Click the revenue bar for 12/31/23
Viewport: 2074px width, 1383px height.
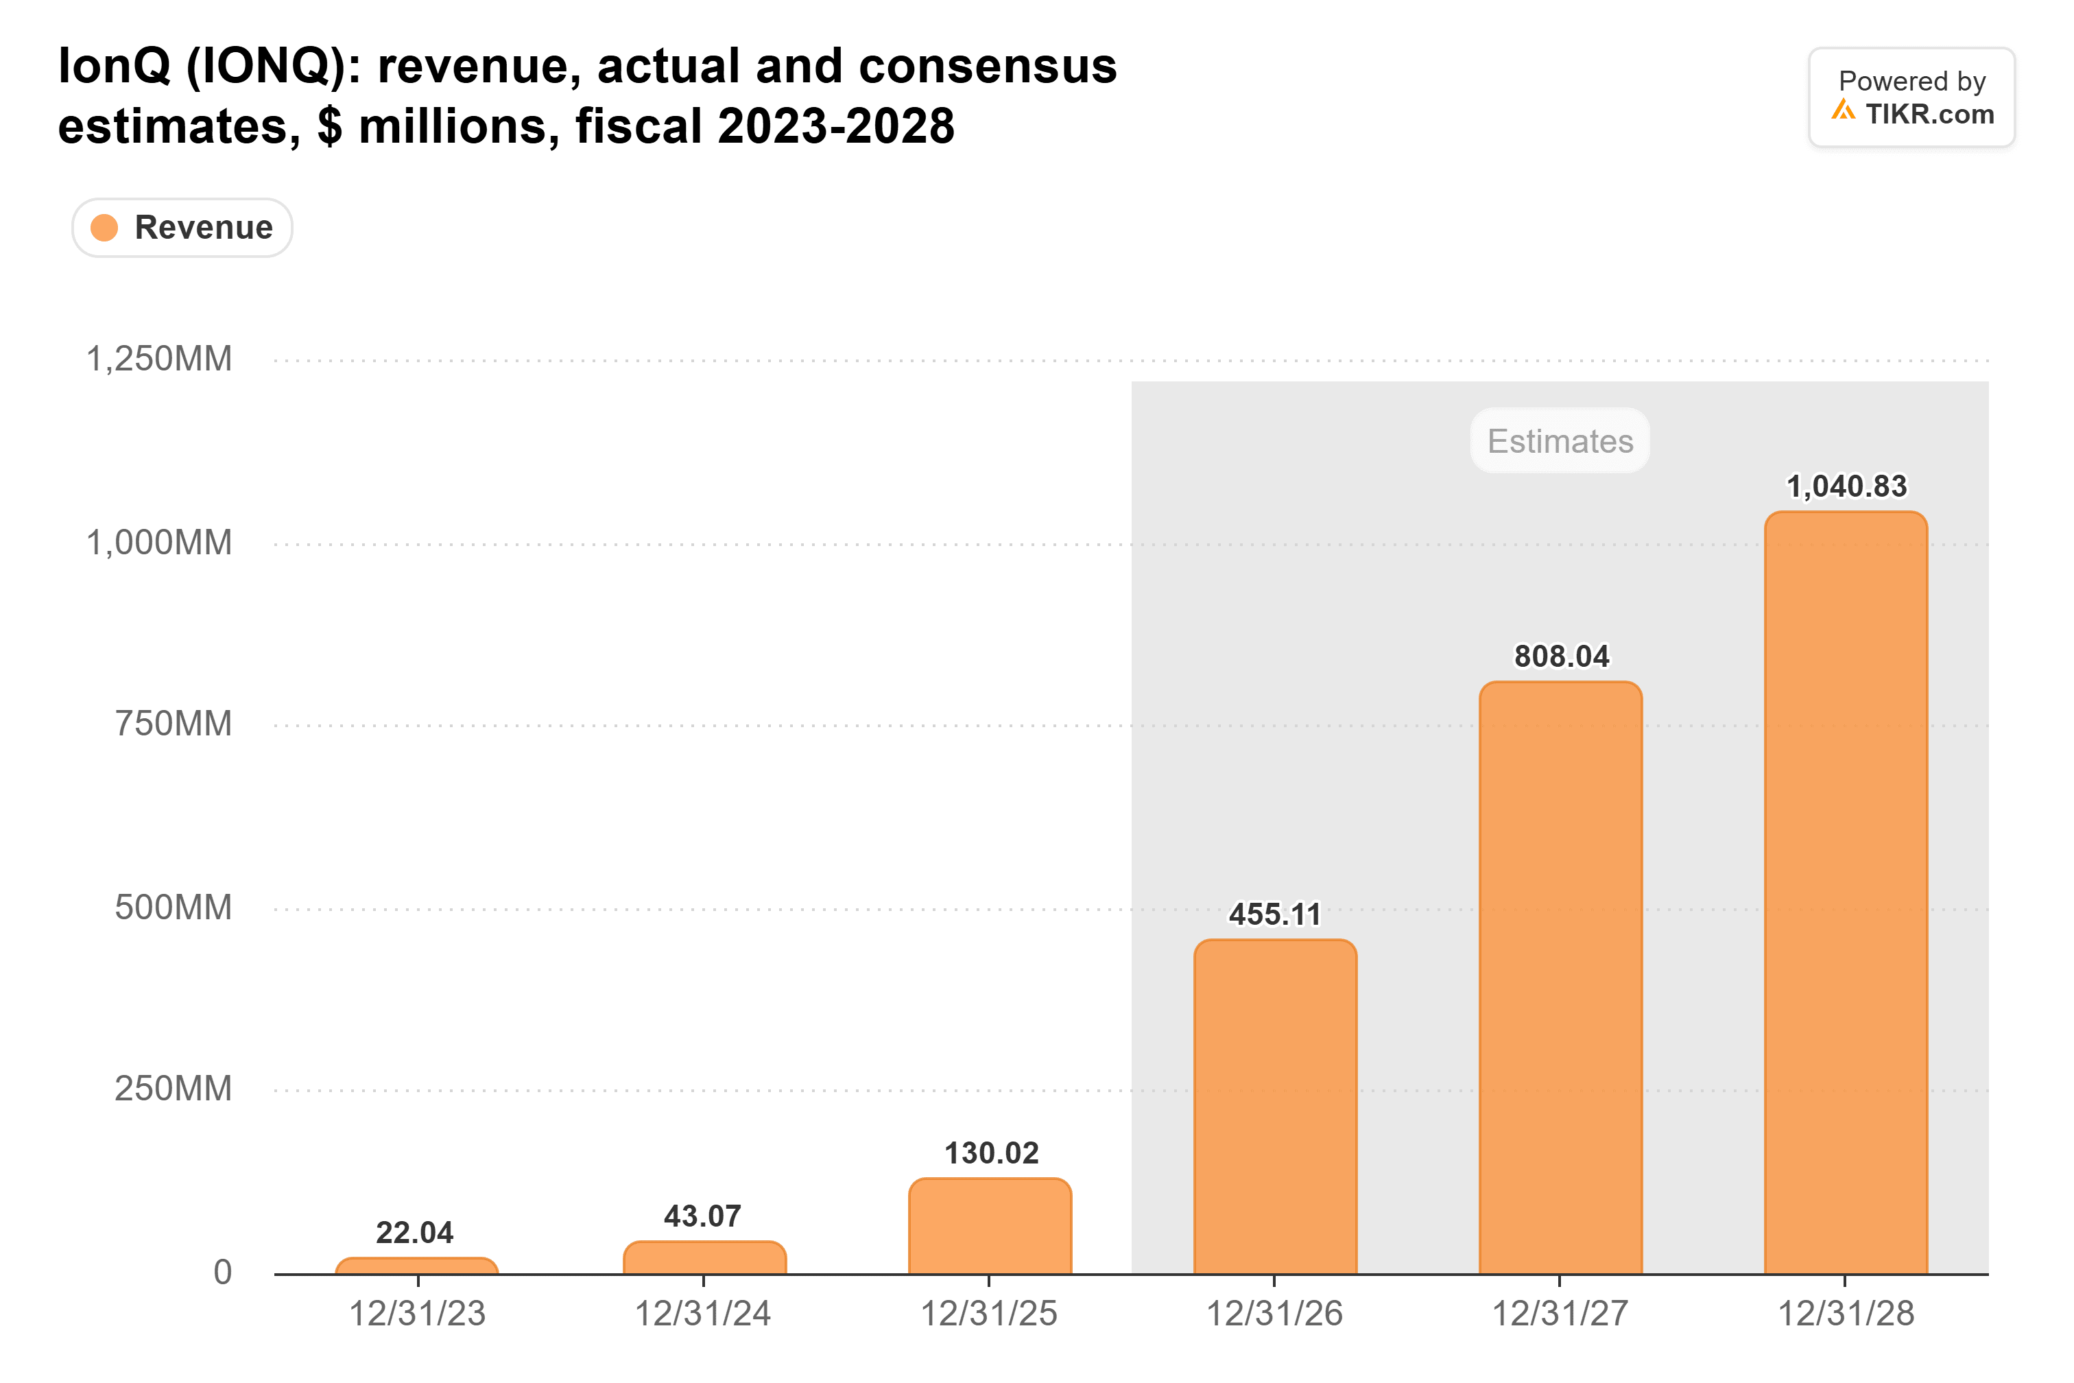[417, 1266]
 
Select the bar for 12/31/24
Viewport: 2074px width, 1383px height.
[704, 1257]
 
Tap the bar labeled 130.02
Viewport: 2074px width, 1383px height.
[990, 1226]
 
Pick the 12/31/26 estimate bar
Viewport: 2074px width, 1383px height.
[1275, 1107]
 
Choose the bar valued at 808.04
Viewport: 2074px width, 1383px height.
[1561, 978]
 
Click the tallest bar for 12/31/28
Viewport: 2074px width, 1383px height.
[1846, 893]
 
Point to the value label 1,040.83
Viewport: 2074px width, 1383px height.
[1846, 486]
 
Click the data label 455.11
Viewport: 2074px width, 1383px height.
[1275, 914]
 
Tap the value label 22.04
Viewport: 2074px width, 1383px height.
[414, 1232]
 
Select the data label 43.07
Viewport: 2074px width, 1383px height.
[703, 1216]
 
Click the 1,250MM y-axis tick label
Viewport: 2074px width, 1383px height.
[158, 359]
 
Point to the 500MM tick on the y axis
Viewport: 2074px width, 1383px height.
[174, 907]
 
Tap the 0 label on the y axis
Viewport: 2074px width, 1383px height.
[223, 1272]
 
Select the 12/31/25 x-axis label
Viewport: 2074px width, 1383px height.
[990, 1313]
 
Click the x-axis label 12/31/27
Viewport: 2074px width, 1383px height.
[1560, 1313]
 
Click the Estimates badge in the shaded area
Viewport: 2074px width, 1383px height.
[1560, 440]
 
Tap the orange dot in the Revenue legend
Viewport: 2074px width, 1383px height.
[104, 228]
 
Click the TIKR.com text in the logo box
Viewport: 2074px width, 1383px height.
[1929, 114]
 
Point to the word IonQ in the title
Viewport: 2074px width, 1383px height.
[115, 66]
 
